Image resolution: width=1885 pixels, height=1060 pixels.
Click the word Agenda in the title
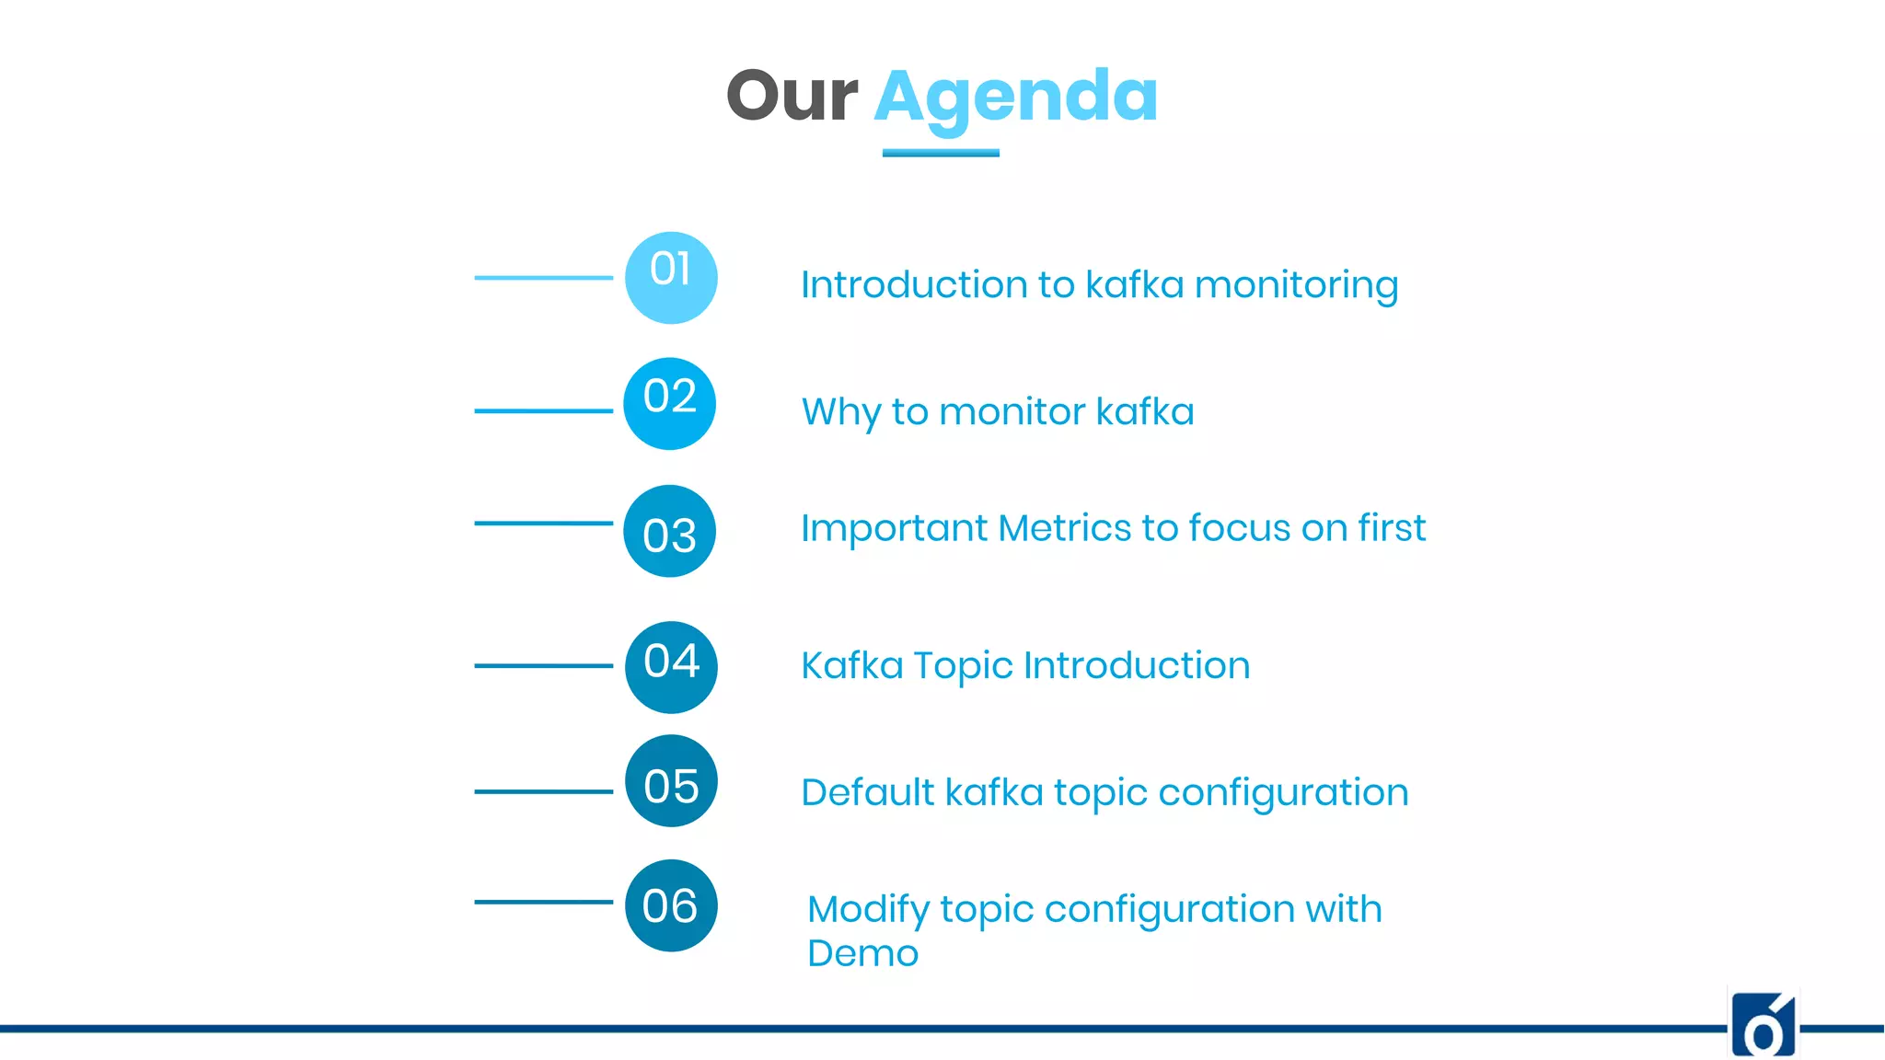[1015, 98]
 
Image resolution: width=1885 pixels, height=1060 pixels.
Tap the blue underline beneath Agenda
[941, 153]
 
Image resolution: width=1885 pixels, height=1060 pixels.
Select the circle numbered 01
[671, 277]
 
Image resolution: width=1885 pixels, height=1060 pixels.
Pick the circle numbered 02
[669, 404]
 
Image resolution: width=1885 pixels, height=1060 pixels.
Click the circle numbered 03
[669, 531]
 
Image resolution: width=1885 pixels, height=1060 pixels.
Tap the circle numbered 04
[671, 667]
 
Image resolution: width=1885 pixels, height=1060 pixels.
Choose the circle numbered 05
[671, 781]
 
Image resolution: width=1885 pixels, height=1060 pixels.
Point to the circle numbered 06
[671, 905]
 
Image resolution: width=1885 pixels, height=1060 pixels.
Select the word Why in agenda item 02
[841, 412]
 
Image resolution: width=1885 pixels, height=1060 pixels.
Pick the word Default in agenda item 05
[867, 792]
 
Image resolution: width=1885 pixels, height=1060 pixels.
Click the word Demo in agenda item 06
[862, 953]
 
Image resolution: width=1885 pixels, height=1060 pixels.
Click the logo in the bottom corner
[1763, 1024]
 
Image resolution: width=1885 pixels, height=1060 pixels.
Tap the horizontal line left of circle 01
[543, 277]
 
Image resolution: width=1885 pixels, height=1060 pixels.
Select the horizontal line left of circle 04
[543, 665]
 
